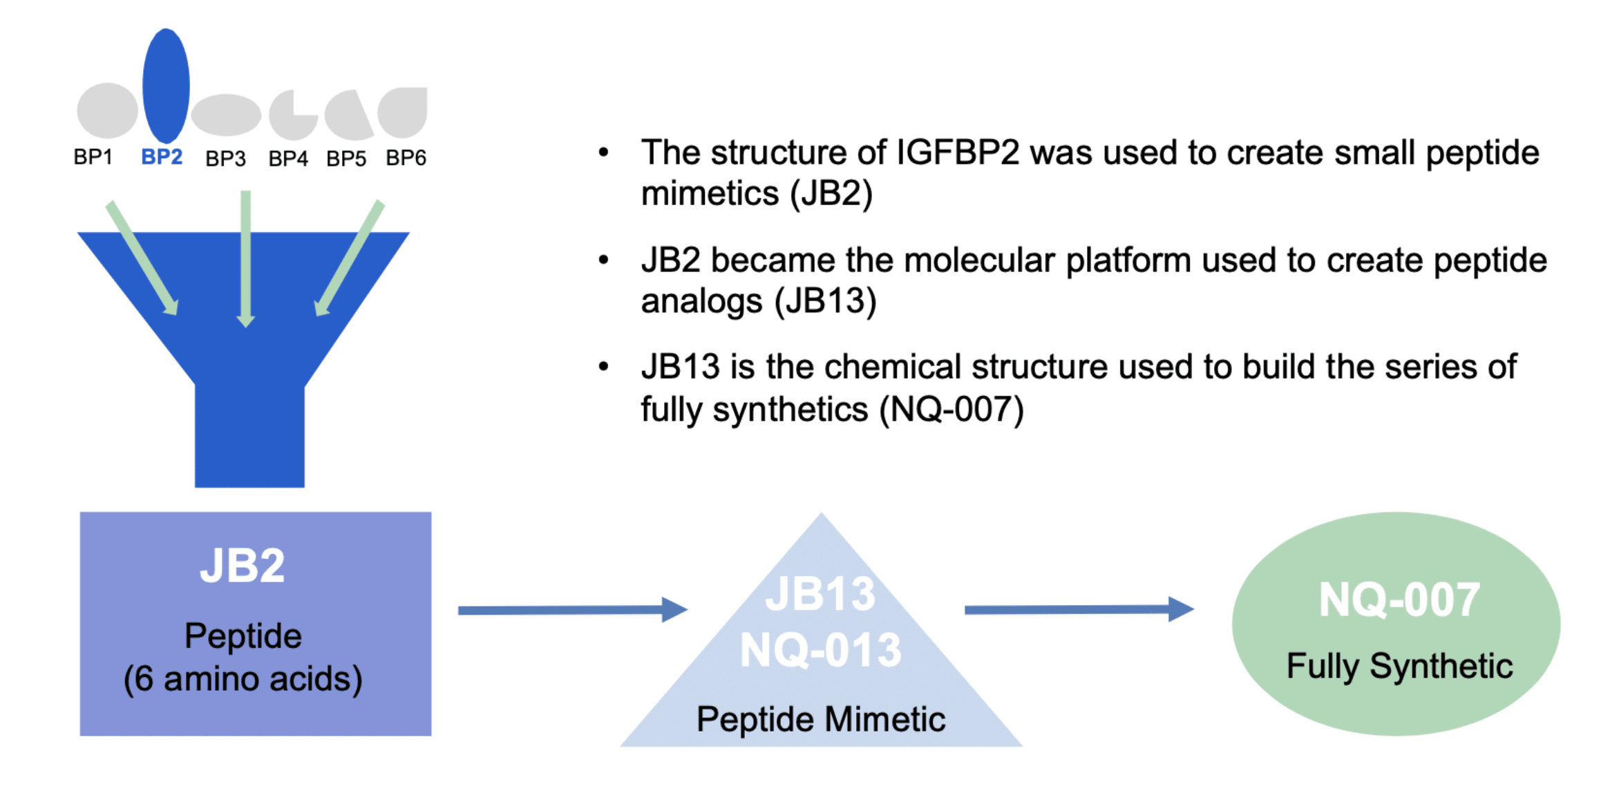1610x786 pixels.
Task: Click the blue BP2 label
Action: (x=162, y=157)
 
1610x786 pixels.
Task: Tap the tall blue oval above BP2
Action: (x=166, y=86)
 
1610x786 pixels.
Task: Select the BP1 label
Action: (x=93, y=157)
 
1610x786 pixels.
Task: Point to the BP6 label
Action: (x=406, y=158)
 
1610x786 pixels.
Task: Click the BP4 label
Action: (x=288, y=159)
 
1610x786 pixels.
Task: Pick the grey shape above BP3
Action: (x=226, y=115)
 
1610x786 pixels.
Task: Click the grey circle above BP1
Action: (x=108, y=111)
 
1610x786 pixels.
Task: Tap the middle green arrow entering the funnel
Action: (x=245, y=259)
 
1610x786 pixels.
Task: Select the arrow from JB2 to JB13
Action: (x=573, y=610)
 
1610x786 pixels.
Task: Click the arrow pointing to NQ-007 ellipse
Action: (x=1079, y=609)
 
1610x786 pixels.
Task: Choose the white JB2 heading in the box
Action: (x=243, y=566)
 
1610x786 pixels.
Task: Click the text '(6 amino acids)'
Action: (x=243, y=679)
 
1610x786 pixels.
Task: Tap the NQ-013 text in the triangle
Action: (x=821, y=650)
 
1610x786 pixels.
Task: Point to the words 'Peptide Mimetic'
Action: (x=821, y=719)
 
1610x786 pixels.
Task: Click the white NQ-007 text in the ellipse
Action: (x=1399, y=600)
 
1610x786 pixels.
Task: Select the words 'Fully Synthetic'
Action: (x=1399, y=667)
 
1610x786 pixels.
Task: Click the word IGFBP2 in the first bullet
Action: (x=958, y=153)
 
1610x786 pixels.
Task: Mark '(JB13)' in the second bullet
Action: (x=826, y=302)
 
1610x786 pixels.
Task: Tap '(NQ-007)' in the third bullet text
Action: (x=951, y=410)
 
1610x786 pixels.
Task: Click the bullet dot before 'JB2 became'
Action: (x=604, y=260)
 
